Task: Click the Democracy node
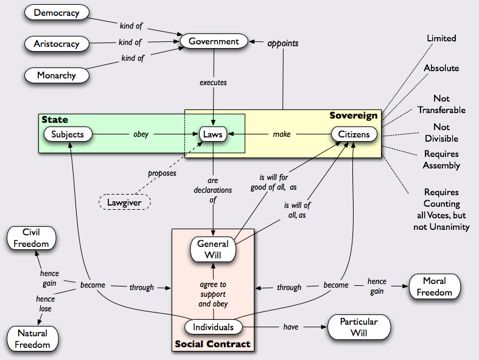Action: [57, 12]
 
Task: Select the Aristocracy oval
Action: [57, 44]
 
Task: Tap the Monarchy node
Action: [57, 76]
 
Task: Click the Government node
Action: [214, 41]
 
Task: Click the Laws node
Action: [213, 134]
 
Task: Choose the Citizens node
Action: [354, 134]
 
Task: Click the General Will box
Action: [213, 248]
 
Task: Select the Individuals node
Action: [213, 327]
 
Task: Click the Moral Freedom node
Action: [435, 286]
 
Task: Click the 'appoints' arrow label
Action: [282, 44]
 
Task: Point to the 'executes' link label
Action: [213, 82]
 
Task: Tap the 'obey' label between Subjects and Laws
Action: [141, 134]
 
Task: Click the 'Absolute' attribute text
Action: [441, 68]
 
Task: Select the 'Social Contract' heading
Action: [212, 344]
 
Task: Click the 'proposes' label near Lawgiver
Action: [161, 173]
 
